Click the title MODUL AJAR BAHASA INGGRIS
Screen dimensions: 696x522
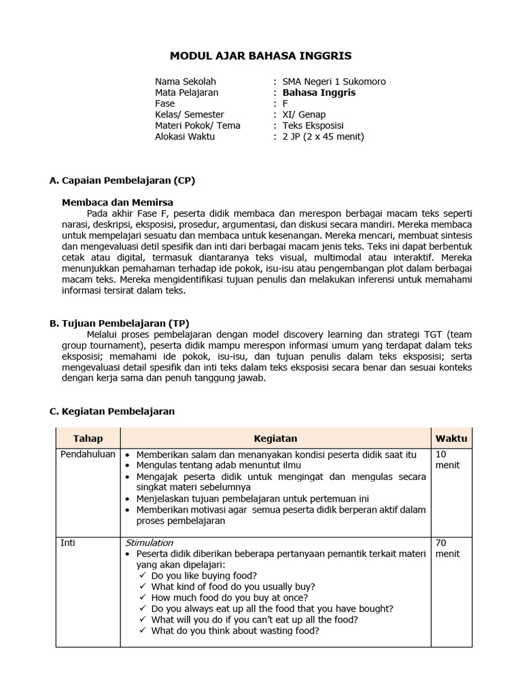click(x=261, y=55)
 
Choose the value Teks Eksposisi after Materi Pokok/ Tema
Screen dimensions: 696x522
click(x=313, y=126)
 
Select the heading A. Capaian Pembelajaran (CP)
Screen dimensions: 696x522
click(x=122, y=180)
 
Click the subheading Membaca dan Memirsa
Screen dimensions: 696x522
click(x=118, y=202)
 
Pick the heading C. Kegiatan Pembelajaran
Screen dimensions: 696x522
click(x=113, y=411)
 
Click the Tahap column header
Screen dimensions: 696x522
click(x=88, y=438)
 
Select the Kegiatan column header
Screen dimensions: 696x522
click(x=275, y=438)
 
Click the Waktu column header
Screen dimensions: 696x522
click(x=451, y=438)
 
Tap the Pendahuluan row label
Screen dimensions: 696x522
click(x=88, y=454)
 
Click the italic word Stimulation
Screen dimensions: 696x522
click(x=150, y=543)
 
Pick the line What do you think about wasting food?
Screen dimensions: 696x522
click(x=235, y=630)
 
